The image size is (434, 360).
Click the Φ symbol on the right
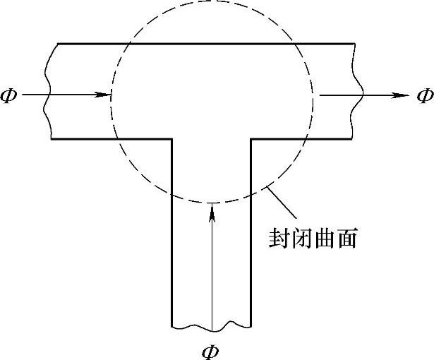point(424,95)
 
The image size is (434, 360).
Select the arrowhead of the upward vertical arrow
point(211,208)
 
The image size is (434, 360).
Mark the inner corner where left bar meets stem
point(172,139)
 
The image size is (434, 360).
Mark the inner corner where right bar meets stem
point(251,139)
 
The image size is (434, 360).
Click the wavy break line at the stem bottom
point(211,327)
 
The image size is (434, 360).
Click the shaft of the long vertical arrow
point(211,268)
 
